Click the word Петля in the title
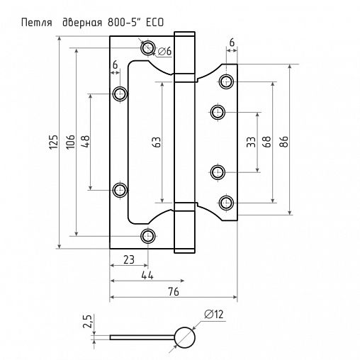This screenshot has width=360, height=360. coord(35,22)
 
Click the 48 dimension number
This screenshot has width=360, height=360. coord(85,142)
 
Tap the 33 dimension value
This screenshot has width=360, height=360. coord(250,142)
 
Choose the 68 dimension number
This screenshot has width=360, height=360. coord(266,142)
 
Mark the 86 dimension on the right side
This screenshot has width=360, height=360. coord(284,142)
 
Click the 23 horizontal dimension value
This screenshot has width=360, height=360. coord(128,259)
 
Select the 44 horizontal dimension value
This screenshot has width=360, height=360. coord(148,275)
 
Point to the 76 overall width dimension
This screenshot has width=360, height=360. coord(173,292)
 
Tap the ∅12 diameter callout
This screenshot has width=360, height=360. coord(214,314)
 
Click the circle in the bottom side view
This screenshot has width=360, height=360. coord(184,337)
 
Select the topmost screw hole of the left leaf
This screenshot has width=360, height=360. coord(147,48)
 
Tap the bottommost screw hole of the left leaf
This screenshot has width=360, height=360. coord(147,236)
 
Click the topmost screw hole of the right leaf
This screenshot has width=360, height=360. coord(226,80)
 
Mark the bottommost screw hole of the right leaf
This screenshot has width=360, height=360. coord(226,203)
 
